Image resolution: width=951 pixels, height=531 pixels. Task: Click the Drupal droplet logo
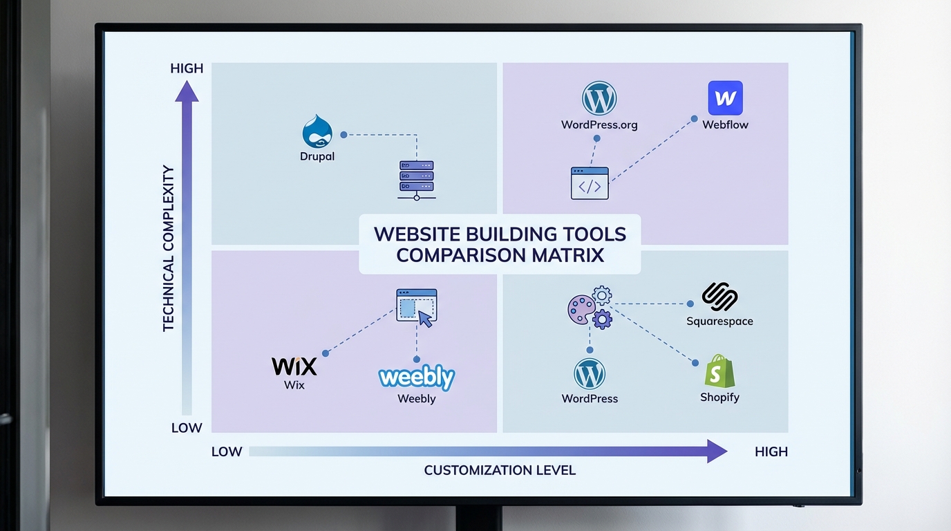317,131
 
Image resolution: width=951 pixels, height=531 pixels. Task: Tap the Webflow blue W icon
725,98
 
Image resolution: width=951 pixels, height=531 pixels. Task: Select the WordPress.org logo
599,99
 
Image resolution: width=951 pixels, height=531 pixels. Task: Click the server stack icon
416,180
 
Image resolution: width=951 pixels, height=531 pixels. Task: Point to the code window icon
590,183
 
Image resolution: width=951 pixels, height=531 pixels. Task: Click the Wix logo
294,366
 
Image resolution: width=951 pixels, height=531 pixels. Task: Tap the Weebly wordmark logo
417,378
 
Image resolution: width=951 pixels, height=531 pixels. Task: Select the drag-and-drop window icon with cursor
417,307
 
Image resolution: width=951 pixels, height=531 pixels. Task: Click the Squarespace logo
719,297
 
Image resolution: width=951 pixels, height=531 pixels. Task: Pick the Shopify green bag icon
719,371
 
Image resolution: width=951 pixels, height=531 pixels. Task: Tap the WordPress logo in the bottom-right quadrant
590,374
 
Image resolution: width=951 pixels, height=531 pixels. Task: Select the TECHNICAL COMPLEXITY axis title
169,248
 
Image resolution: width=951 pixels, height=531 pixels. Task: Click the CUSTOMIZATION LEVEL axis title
500,470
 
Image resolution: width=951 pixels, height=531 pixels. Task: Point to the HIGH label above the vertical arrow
187,68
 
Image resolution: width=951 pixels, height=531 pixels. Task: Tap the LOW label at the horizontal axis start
227,452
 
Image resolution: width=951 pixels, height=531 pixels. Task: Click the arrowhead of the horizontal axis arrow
717,451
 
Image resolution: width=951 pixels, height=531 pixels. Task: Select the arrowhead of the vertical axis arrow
187,91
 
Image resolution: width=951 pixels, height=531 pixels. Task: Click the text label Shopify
719,398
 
